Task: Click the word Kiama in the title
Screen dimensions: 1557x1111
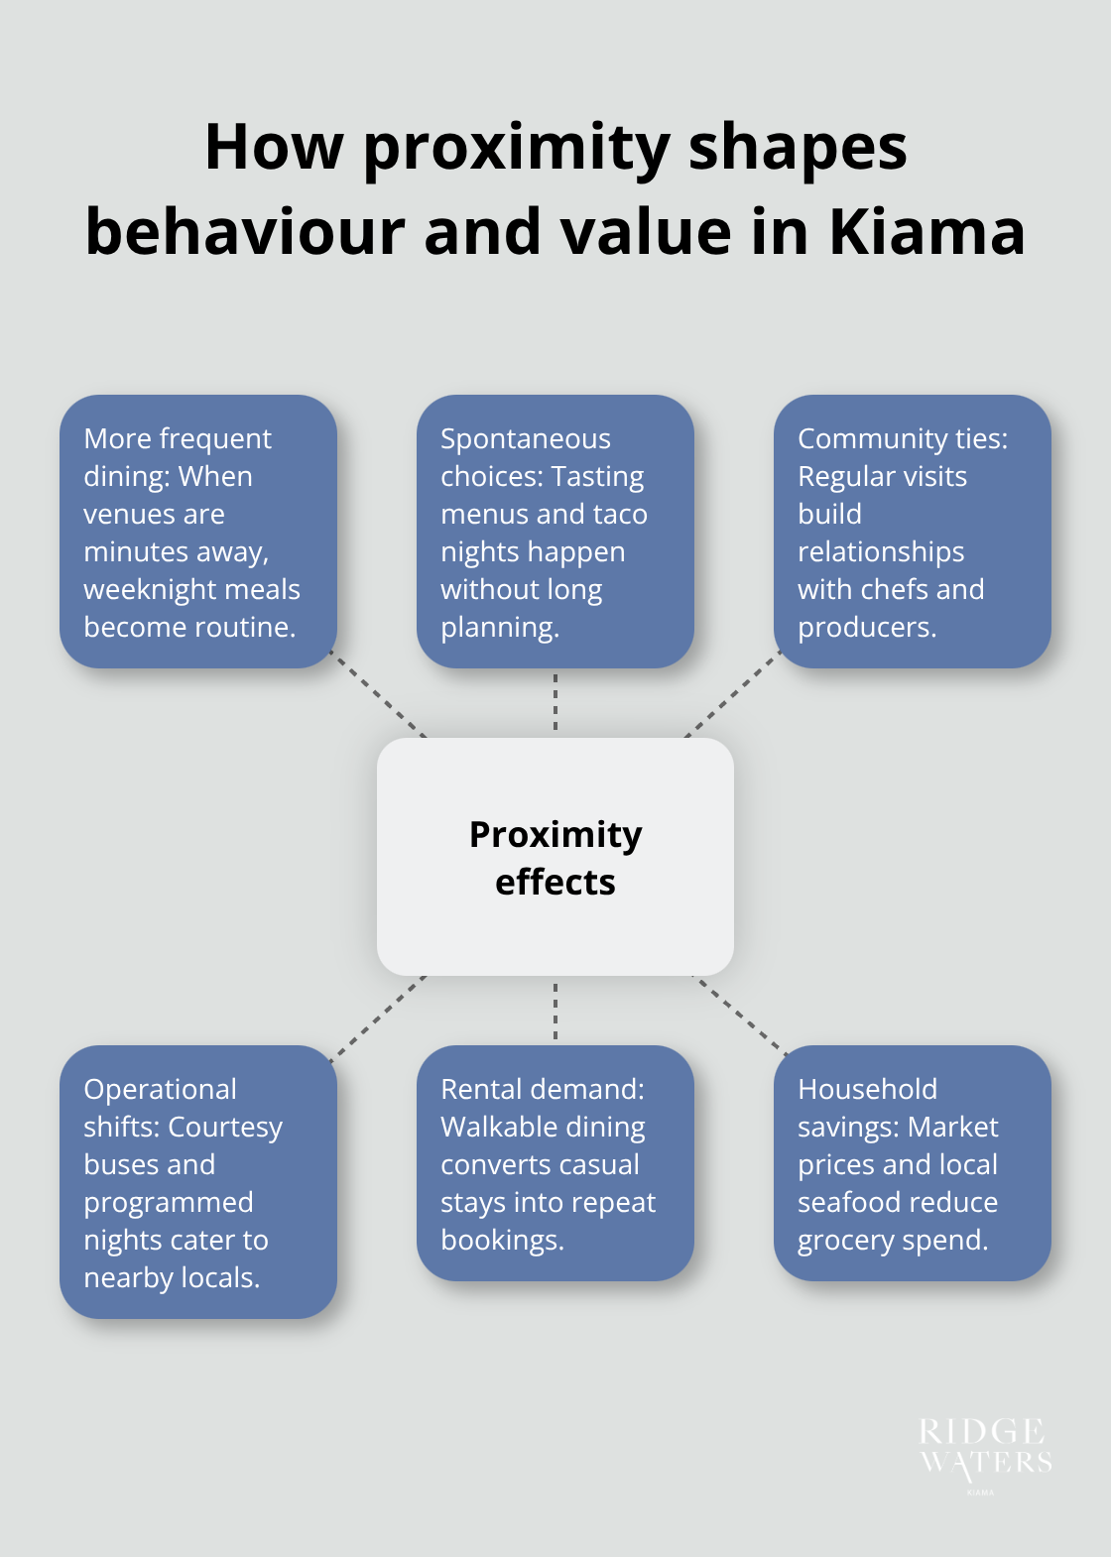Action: pyautogui.click(x=926, y=232)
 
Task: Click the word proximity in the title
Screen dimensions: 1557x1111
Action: pyautogui.click(x=517, y=149)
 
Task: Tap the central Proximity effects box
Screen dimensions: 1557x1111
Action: pyautogui.click(x=555, y=857)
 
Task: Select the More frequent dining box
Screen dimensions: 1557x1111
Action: pyautogui.click(x=198, y=532)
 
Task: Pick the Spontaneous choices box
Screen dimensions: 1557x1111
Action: pyautogui.click(x=555, y=532)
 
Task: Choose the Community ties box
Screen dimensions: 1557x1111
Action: pyautogui.click(x=912, y=532)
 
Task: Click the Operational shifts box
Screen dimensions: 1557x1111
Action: pyautogui.click(x=198, y=1182)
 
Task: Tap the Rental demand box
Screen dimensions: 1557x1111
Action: pyautogui.click(x=555, y=1163)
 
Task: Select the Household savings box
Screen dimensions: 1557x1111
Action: pyautogui.click(x=912, y=1163)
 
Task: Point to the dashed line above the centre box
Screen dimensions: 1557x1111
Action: pyautogui.click(x=555, y=702)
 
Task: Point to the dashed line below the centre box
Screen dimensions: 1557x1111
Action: pyautogui.click(x=555, y=1011)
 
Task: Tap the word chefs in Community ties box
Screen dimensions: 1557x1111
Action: pyautogui.click(x=895, y=589)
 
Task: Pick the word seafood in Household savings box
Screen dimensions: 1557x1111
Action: pyautogui.click(x=844, y=1202)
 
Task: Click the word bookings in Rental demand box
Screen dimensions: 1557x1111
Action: pyautogui.click(x=501, y=1240)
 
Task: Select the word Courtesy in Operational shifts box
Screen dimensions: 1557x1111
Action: pyautogui.click(x=225, y=1127)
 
